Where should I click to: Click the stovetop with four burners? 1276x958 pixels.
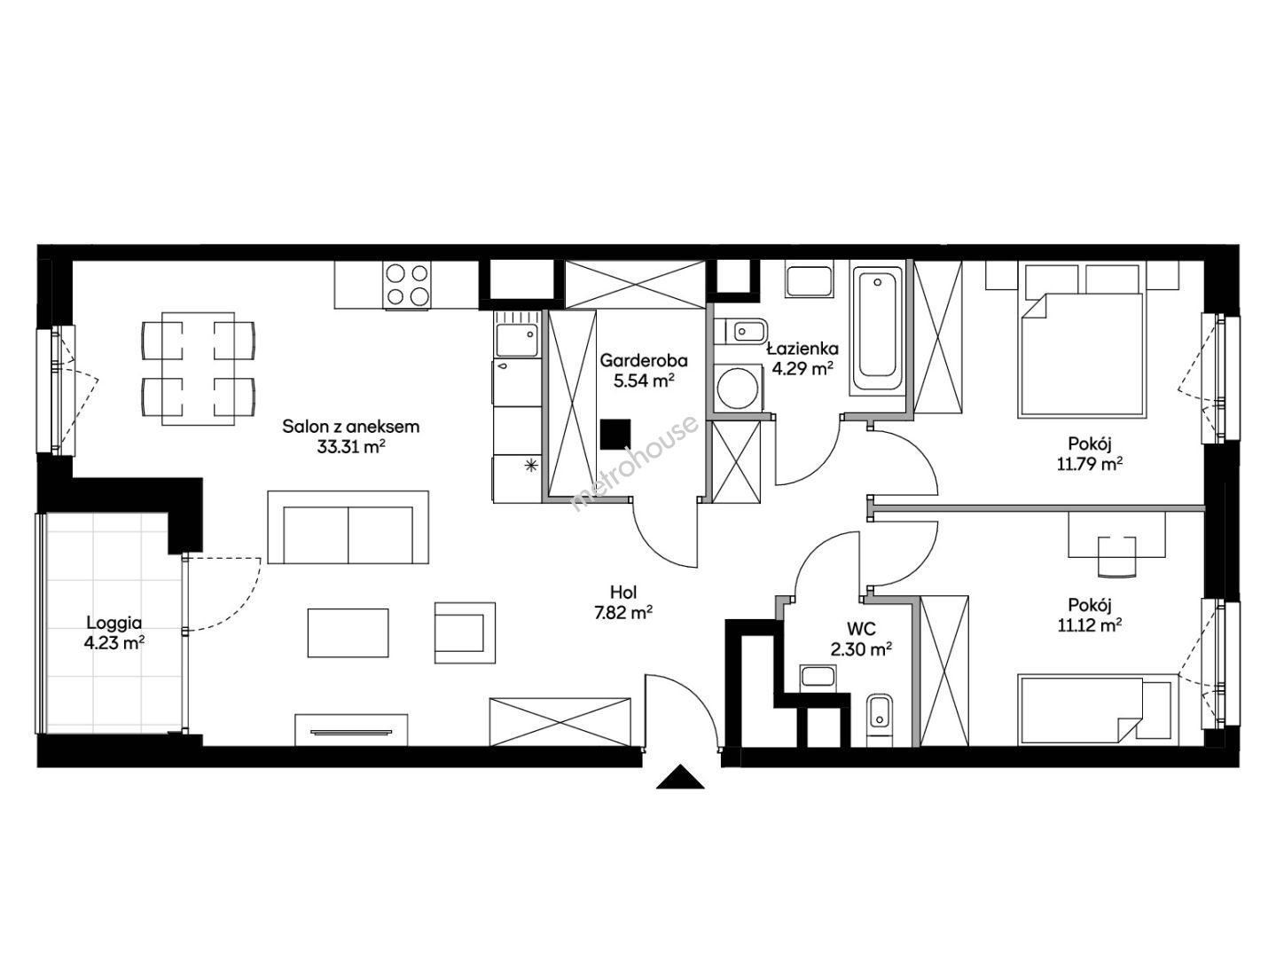click(x=407, y=285)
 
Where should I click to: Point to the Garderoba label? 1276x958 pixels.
click(x=644, y=360)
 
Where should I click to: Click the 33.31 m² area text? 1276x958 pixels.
click(x=351, y=446)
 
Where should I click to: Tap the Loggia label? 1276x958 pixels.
click(x=114, y=624)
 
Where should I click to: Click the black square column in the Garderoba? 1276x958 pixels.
click(x=615, y=435)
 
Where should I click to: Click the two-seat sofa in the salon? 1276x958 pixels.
click(x=348, y=527)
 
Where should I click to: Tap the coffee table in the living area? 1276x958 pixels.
click(x=348, y=633)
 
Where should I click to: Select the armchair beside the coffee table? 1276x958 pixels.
click(x=465, y=632)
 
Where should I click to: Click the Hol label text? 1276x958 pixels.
click(x=623, y=593)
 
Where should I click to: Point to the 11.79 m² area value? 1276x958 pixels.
click(x=1090, y=464)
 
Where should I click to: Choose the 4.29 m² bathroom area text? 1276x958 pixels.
click(x=802, y=368)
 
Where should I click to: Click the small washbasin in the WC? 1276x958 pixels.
click(x=818, y=677)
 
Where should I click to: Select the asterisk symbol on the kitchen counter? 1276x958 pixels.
click(x=529, y=465)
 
